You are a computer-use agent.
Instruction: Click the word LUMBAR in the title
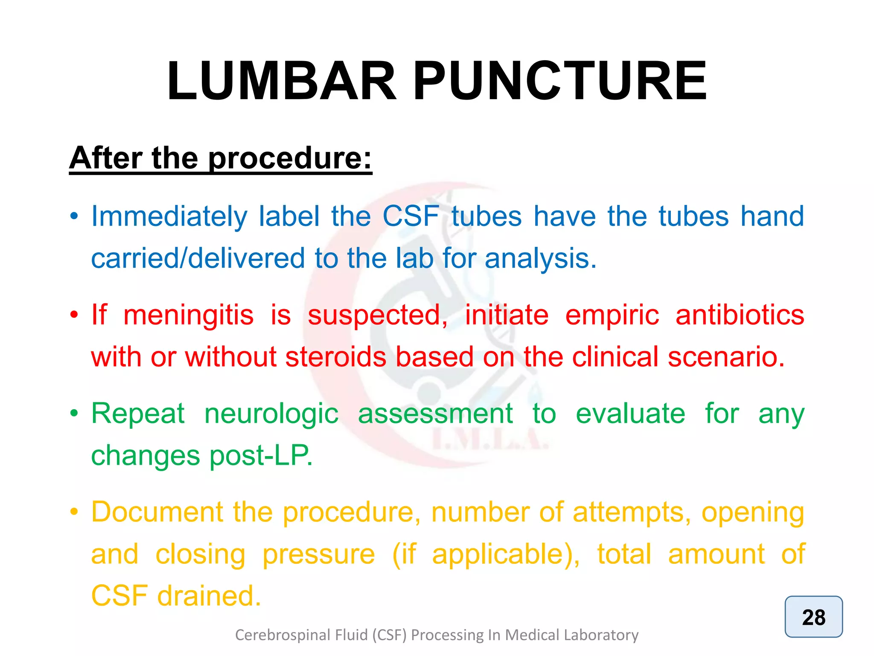click(282, 81)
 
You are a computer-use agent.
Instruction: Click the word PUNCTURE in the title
click(560, 81)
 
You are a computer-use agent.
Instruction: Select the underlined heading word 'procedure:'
click(290, 159)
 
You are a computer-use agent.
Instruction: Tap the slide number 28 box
click(813, 617)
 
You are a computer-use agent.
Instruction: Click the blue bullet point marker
click(74, 216)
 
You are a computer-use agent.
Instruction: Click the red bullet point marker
click(74, 315)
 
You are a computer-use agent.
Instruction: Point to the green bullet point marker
click(74, 413)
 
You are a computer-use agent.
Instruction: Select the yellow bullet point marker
click(74, 512)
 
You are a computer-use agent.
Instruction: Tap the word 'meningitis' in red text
click(188, 315)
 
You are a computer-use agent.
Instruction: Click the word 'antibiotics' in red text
click(740, 315)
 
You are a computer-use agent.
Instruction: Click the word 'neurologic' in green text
click(271, 413)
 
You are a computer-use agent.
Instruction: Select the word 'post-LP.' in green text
click(261, 455)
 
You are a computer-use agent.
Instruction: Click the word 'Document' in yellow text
click(157, 512)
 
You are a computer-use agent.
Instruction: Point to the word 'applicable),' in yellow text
click(506, 554)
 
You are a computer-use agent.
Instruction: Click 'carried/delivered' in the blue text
click(198, 258)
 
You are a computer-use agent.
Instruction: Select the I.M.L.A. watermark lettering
click(490, 440)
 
